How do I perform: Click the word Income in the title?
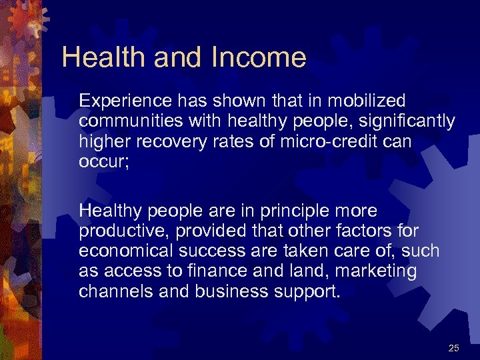(259, 57)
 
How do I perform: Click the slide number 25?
(454, 348)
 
